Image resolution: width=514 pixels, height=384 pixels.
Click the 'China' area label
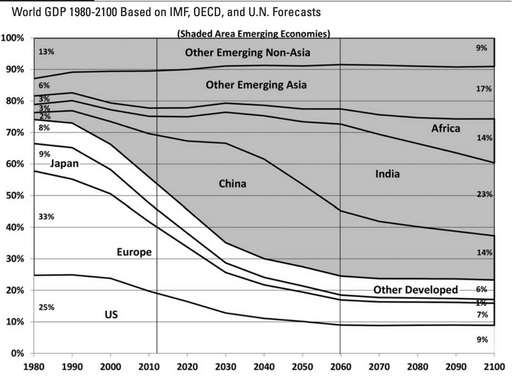pos(232,184)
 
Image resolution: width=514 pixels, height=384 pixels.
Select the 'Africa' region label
pos(445,128)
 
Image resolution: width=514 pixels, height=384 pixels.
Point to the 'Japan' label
pos(64,164)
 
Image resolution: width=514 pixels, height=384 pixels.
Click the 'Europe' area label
pos(134,252)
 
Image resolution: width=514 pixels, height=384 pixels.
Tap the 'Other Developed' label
pos(415,290)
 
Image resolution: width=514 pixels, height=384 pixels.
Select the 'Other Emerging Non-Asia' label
pos(247,52)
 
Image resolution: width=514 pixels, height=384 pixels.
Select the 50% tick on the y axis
pos(14,196)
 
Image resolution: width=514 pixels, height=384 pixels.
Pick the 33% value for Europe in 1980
pos(46,217)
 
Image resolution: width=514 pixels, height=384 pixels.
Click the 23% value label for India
pos(485,195)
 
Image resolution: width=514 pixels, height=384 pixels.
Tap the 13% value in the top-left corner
pos(46,52)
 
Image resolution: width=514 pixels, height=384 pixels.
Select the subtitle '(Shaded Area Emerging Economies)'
pos(253,34)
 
